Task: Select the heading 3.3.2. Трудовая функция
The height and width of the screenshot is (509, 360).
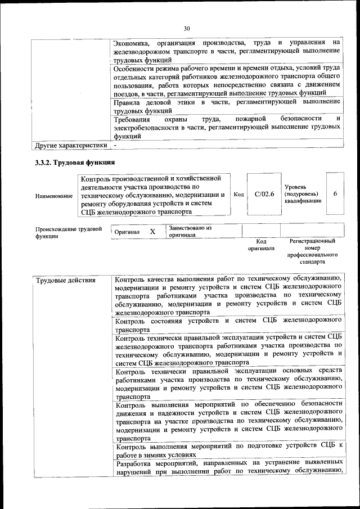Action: tap(75, 163)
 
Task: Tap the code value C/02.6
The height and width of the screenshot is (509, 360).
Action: tap(264, 194)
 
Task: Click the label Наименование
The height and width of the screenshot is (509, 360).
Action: tap(54, 195)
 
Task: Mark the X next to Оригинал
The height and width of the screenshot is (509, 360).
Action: tap(152, 231)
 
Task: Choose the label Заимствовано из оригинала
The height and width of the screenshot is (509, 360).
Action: tap(190, 231)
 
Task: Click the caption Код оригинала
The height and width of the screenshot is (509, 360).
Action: tap(261, 244)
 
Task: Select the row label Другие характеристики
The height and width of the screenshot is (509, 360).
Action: tap(71, 145)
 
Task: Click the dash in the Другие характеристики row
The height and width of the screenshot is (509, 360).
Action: tap(115, 145)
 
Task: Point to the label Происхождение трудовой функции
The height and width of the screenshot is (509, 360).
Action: tap(68, 232)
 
